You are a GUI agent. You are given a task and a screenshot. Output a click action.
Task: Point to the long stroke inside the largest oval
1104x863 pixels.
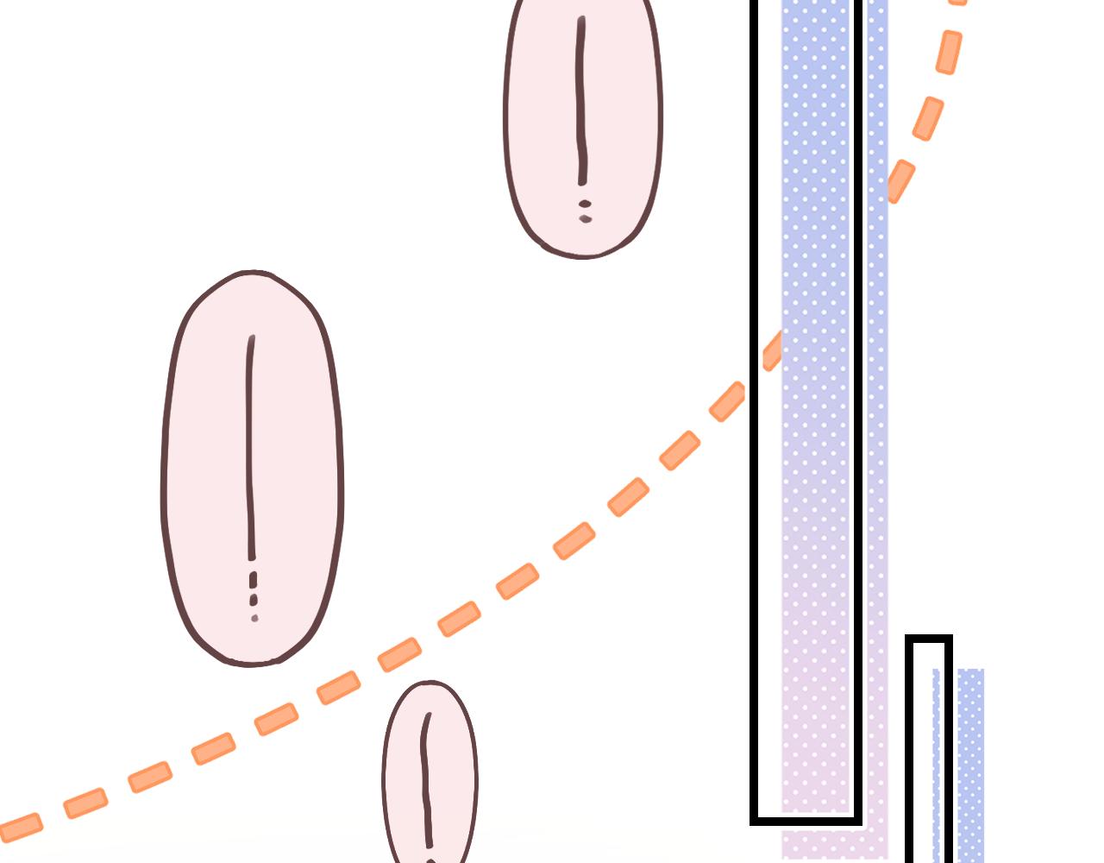251,449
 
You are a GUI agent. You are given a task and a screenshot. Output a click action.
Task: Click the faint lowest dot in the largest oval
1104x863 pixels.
254,619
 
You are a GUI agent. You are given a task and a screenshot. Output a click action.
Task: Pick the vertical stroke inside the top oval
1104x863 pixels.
582,99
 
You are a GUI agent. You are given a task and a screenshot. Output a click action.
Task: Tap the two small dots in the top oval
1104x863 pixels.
586,211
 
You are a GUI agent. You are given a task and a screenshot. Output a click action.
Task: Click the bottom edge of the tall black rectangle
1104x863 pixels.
806,819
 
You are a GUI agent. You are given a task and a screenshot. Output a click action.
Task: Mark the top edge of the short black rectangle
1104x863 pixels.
929,639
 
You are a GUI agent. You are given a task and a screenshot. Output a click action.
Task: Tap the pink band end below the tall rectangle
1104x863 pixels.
832,841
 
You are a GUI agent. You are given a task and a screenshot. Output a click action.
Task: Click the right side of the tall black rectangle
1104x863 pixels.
858,431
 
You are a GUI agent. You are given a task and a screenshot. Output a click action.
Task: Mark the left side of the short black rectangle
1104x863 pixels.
910,751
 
